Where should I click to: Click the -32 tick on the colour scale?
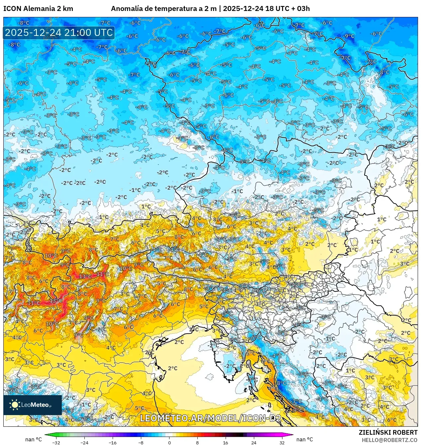pos(56,442)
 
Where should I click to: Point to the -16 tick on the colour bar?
pos(113,442)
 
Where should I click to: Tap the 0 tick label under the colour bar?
pos(169,442)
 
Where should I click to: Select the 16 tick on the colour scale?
pos(226,442)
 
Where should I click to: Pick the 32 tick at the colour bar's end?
pos(282,442)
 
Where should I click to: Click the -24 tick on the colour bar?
pos(84,442)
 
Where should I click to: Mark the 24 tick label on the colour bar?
pos(254,442)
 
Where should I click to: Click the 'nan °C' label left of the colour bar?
pos(34,439)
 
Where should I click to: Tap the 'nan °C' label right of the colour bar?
pos(305,439)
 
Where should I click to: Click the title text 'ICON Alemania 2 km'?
pos(38,9)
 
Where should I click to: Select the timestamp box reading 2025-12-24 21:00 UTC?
pos(59,33)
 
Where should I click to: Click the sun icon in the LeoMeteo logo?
pos(15,405)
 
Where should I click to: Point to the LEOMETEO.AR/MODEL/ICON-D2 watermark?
pos(211,418)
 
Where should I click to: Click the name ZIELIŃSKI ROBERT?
pos(388,432)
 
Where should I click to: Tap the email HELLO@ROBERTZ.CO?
pos(389,440)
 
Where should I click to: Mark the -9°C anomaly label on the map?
pos(349,36)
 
